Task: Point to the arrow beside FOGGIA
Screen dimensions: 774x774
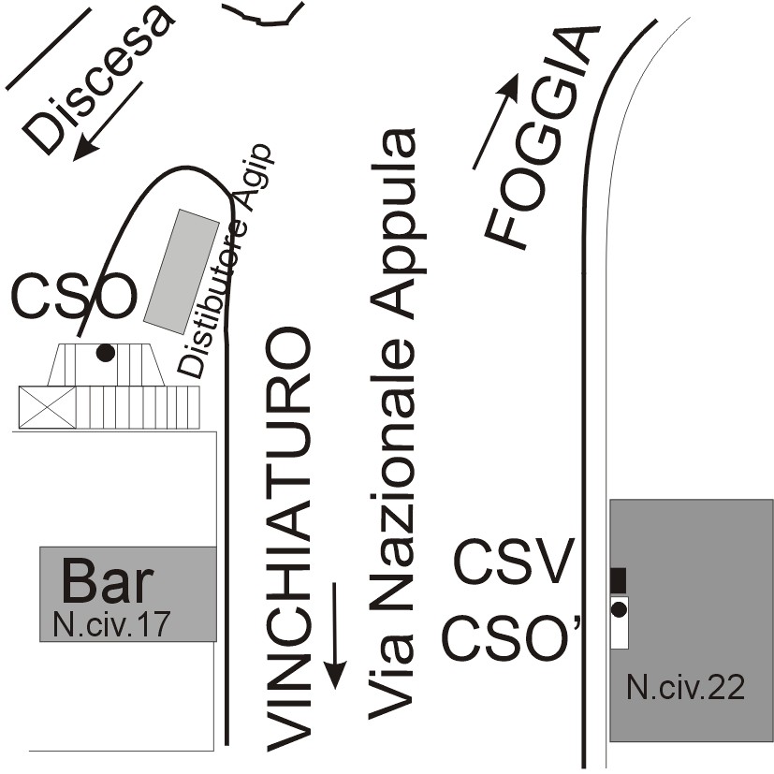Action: (x=496, y=122)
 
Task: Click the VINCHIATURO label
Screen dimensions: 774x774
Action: (x=287, y=539)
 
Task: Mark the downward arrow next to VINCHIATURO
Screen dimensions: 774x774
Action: (x=334, y=635)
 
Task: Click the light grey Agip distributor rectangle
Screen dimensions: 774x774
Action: (x=182, y=272)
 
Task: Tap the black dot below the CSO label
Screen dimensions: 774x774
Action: (x=106, y=353)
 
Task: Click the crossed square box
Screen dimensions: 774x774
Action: (x=47, y=407)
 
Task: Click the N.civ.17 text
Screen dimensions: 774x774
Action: (x=110, y=623)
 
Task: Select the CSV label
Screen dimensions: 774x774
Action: (x=513, y=564)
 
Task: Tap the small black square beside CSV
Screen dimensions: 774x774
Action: (x=618, y=579)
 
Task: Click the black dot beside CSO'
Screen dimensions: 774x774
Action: (x=619, y=610)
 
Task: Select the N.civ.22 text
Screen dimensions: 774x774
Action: (x=686, y=689)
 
